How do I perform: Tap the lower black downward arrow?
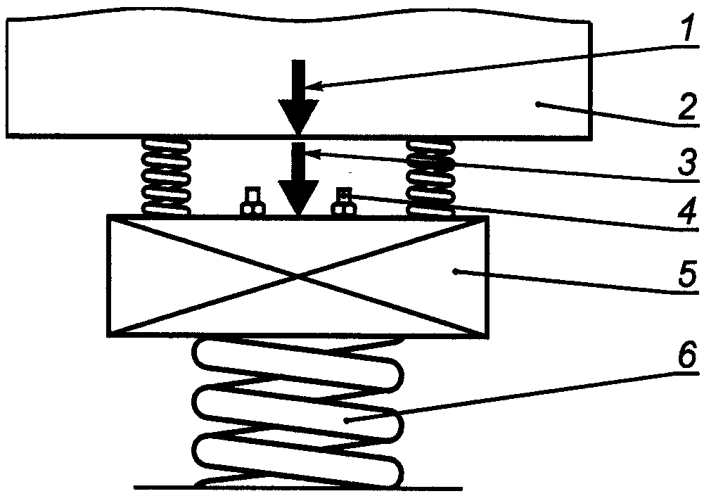(299, 179)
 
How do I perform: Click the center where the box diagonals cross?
(299, 276)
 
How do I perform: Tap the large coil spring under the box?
(299, 415)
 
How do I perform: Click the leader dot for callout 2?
(537, 103)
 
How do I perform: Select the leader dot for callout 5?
(455, 270)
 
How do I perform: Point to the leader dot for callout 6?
(347, 420)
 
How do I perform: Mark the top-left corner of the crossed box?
(107, 217)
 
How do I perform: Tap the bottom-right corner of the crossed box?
(489, 334)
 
